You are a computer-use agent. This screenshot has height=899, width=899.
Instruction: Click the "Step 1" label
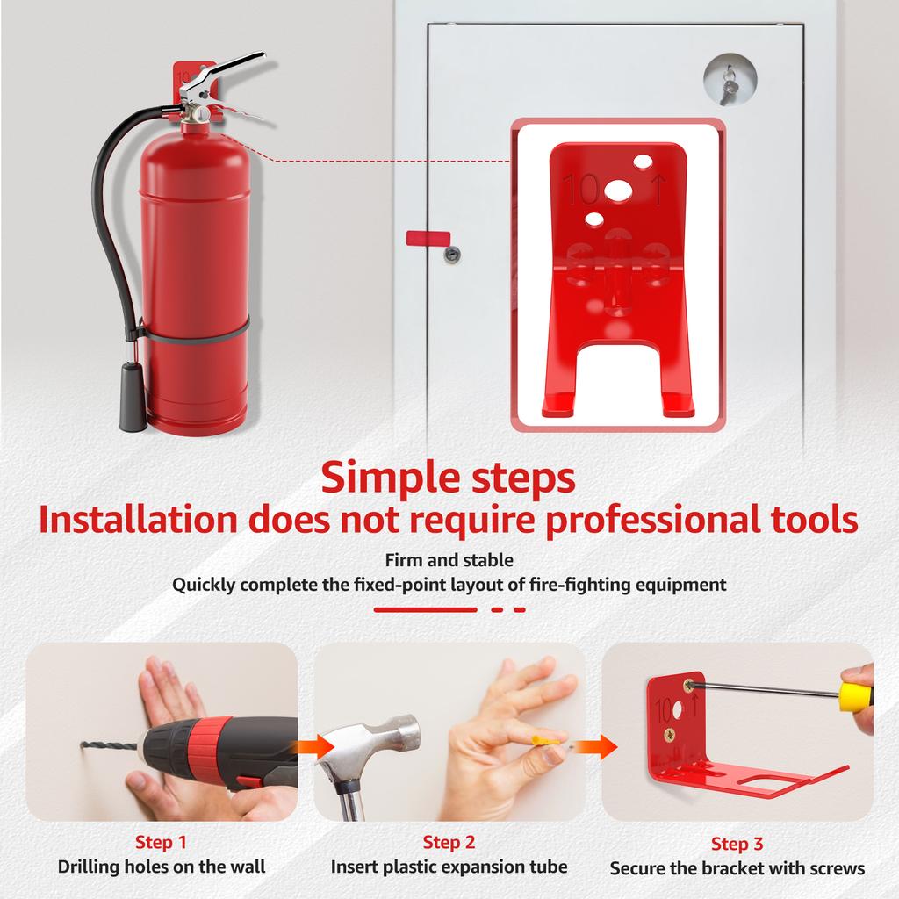pyautogui.click(x=161, y=843)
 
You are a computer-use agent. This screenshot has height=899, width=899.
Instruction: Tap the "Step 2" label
pyautogui.click(x=449, y=843)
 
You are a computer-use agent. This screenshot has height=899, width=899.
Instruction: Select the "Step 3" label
pyautogui.click(x=737, y=845)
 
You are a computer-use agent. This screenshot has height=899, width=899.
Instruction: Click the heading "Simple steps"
pyautogui.click(x=449, y=478)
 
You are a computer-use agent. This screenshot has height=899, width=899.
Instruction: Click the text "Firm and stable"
pyautogui.click(x=449, y=559)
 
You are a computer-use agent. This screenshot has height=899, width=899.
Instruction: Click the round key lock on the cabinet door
pyautogui.click(x=728, y=80)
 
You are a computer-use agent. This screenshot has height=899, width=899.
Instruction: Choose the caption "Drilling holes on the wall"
pyautogui.click(x=162, y=867)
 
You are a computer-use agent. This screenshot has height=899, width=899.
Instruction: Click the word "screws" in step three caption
pyautogui.click(x=836, y=869)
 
